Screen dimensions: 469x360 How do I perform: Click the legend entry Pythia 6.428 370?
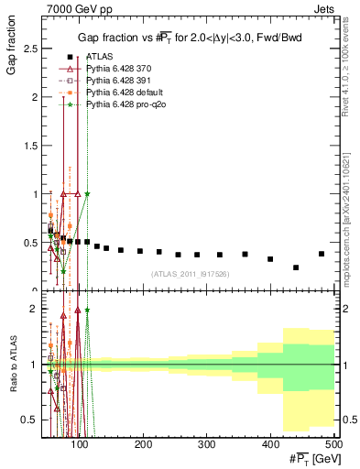pos(120,69)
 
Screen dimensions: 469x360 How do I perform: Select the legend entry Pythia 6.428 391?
pos(120,82)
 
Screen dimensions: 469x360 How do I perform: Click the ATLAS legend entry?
pos(98,57)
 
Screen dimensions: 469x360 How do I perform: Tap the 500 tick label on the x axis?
pos(333,444)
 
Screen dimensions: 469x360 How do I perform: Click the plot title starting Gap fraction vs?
pos(190,38)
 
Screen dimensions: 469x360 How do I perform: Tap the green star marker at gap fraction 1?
pos(88,193)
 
